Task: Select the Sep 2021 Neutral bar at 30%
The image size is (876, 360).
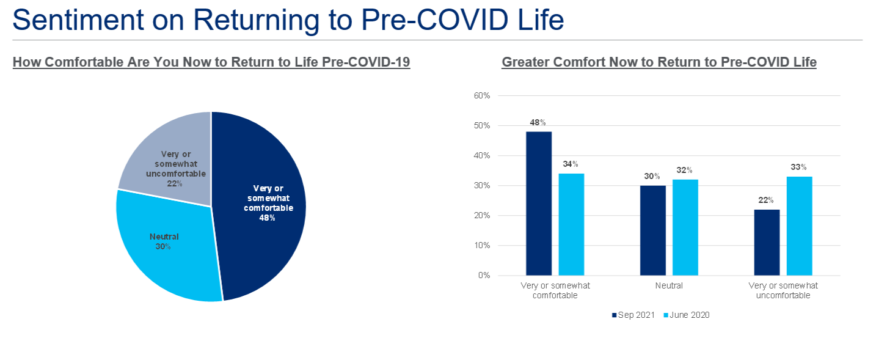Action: click(x=653, y=230)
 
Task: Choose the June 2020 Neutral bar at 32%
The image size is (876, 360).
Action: click(x=685, y=227)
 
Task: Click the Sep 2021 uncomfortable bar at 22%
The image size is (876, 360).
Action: click(x=767, y=242)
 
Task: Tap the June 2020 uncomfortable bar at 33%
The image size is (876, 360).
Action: click(x=800, y=226)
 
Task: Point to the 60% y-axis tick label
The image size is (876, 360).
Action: click(x=483, y=96)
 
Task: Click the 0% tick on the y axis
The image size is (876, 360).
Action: click(x=484, y=276)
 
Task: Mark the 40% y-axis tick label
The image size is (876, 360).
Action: click(x=483, y=156)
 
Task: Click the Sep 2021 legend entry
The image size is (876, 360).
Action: click(x=633, y=315)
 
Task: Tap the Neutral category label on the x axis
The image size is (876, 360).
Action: click(x=669, y=285)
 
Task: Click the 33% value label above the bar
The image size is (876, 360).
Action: click(x=799, y=167)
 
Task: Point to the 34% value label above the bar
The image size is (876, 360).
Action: click(x=571, y=164)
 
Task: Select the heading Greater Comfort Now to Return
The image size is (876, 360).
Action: click(x=659, y=62)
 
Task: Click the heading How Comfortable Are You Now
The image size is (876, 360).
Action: click(x=211, y=62)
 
